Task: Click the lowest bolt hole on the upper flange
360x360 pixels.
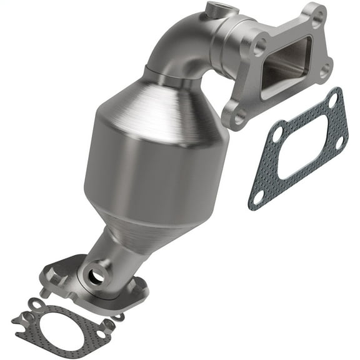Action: pyautogui.click(x=237, y=117)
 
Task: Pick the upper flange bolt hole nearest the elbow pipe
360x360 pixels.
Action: pyautogui.click(x=258, y=46)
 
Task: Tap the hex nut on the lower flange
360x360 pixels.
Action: pyautogui.click(x=54, y=274)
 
